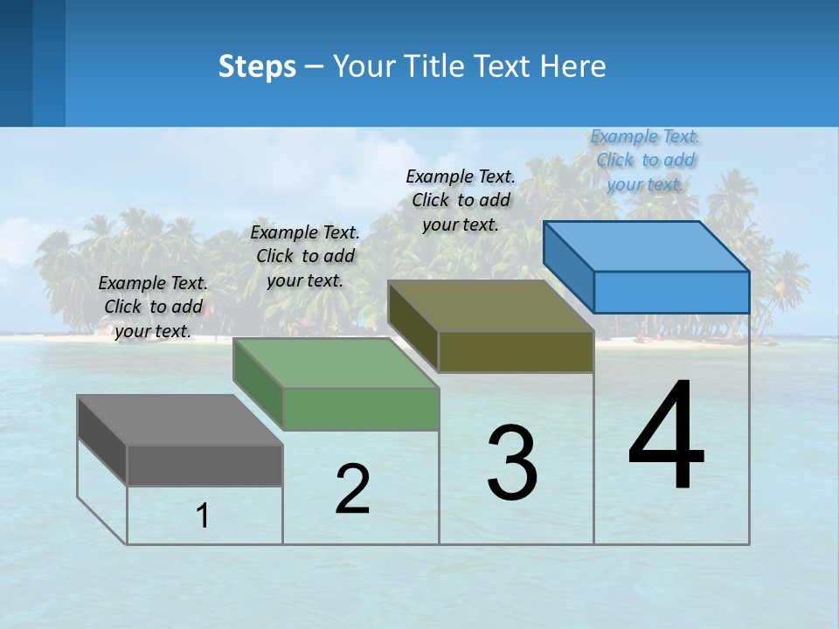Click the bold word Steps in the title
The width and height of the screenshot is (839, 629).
[x=257, y=66]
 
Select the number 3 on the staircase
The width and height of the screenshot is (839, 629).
[x=511, y=462]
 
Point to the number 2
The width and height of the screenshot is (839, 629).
[x=352, y=489]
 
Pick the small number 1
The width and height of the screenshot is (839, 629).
[x=203, y=516]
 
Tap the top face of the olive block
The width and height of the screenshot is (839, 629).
[x=491, y=306]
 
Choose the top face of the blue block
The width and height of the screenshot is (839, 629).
[x=647, y=246]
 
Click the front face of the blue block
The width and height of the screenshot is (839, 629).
[x=671, y=292]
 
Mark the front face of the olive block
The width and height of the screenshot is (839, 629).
[x=516, y=351]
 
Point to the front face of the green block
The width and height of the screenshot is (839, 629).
[x=361, y=409]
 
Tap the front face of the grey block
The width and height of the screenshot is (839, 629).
[x=205, y=465]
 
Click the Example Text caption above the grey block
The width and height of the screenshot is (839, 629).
[x=153, y=307]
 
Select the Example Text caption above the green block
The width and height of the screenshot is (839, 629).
[x=305, y=256]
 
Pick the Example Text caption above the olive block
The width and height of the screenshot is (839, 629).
[x=461, y=200]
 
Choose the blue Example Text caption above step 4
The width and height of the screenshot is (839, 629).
[x=646, y=160]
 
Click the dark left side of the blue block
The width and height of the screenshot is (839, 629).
[x=568, y=266]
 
